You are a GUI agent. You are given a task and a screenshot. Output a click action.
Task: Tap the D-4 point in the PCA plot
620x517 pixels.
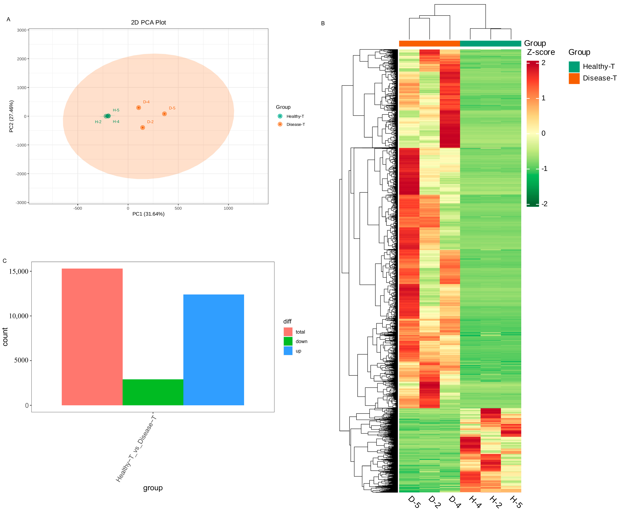139,108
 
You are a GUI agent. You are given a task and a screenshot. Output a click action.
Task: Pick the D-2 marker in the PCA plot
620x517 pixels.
143,128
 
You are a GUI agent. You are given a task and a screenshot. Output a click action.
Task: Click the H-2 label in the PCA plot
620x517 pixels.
98,122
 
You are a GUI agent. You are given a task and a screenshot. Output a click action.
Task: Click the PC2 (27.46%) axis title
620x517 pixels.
11,116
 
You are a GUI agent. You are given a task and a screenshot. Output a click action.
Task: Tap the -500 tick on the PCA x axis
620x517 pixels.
78,208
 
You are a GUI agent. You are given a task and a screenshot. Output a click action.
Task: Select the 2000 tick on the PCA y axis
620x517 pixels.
21,59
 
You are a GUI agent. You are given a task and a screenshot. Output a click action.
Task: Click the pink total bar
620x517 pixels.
92,336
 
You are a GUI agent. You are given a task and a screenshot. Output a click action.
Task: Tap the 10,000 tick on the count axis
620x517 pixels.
19,316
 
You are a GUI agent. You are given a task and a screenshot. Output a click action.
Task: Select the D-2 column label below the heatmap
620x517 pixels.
434,502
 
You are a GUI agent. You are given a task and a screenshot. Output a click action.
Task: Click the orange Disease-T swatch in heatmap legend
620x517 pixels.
574,78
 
